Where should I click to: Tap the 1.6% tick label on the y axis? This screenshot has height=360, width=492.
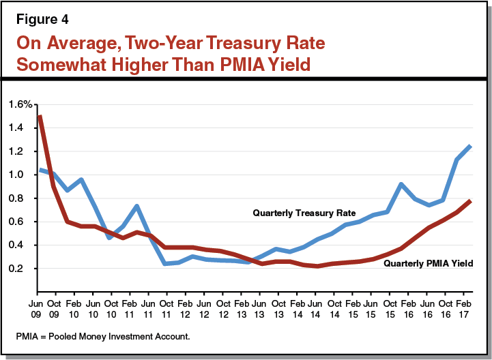(x=20, y=104)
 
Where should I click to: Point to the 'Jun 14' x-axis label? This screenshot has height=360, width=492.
(x=315, y=307)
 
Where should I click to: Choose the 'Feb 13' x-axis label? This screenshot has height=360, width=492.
(x=241, y=307)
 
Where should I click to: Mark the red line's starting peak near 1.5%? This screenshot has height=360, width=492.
(x=40, y=116)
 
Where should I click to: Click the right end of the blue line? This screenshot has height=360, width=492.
(x=470, y=146)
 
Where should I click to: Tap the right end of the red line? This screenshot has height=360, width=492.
(x=470, y=200)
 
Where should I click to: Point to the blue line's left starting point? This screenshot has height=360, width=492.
(x=40, y=169)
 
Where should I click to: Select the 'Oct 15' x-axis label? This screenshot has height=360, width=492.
(x=389, y=307)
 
